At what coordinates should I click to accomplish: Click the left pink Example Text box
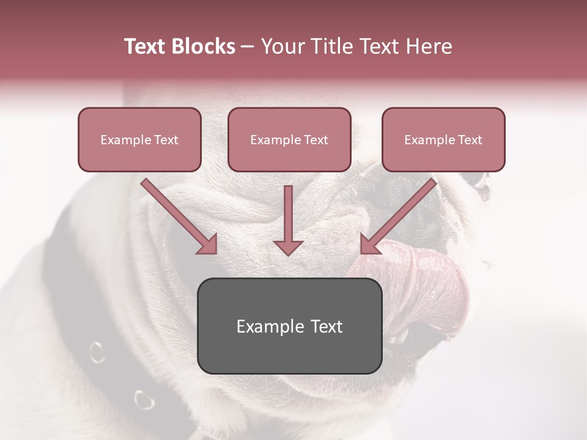pyautogui.click(x=139, y=139)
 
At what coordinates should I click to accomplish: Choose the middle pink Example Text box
pyautogui.click(x=289, y=139)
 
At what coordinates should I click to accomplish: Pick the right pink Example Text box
pyautogui.click(x=443, y=139)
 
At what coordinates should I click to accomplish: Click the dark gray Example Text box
pyautogui.click(x=290, y=326)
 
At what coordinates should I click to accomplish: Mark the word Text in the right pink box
pyautogui.click(x=470, y=139)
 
